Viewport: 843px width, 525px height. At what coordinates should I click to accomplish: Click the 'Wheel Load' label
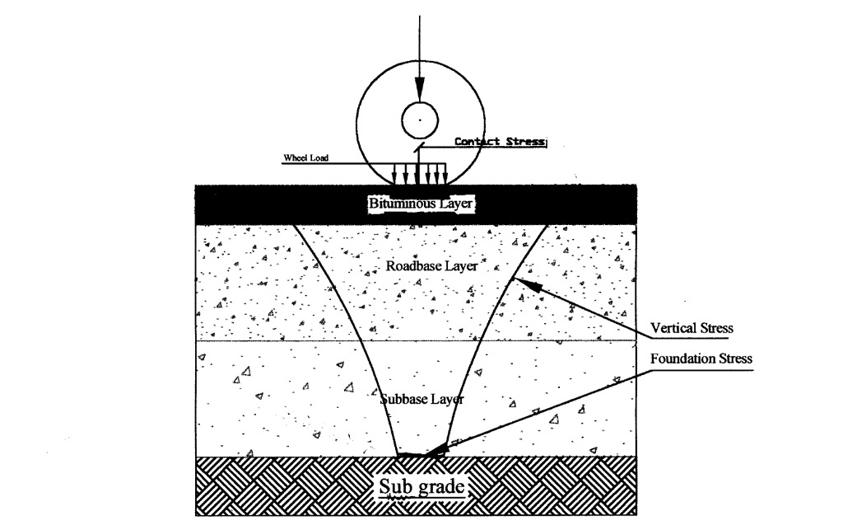click(306, 157)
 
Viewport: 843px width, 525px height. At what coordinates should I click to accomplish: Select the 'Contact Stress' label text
click(501, 142)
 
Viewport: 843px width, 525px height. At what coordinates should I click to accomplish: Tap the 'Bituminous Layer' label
click(421, 204)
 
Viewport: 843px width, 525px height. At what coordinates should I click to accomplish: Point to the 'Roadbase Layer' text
click(431, 266)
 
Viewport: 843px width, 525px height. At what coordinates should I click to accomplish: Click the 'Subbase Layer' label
click(422, 399)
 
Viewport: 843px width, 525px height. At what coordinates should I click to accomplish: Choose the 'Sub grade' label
click(422, 487)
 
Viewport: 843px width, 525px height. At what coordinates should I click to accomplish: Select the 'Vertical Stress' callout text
click(692, 328)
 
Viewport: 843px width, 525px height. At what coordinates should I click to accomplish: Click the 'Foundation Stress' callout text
click(701, 359)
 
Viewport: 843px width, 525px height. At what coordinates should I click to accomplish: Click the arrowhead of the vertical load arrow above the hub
click(420, 88)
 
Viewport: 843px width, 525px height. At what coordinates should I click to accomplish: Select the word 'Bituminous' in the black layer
click(401, 204)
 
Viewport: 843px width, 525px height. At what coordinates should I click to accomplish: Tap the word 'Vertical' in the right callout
click(669, 328)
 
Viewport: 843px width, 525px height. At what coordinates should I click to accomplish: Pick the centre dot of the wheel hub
click(420, 120)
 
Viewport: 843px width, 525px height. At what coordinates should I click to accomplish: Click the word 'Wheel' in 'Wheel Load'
click(295, 157)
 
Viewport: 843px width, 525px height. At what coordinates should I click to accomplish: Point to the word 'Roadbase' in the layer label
click(412, 266)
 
